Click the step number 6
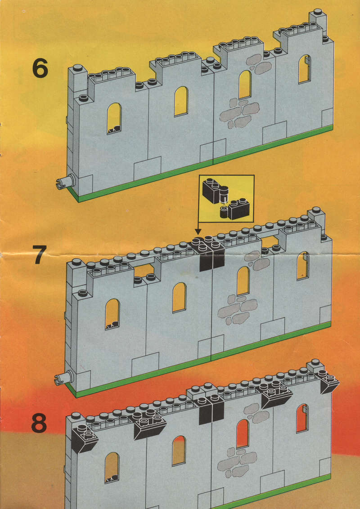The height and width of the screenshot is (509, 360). pyautogui.click(x=40, y=68)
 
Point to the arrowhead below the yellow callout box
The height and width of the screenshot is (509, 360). pyautogui.click(x=198, y=231)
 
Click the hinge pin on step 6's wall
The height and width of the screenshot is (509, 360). pyautogui.click(x=63, y=183)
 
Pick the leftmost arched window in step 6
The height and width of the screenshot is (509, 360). pyautogui.click(x=114, y=118)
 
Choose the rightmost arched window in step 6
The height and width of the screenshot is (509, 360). pyautogui.click(x=305, y=69)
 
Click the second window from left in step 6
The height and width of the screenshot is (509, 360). pyautogui.click(x=181, y=101)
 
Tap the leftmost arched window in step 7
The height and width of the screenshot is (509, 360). pyautogui.click(x=112, y=313)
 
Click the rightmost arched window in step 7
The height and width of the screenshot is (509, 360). pyautogui.click(x=303, y=265)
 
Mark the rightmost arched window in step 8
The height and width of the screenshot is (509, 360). pyautogui.click(x=302, y=418)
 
